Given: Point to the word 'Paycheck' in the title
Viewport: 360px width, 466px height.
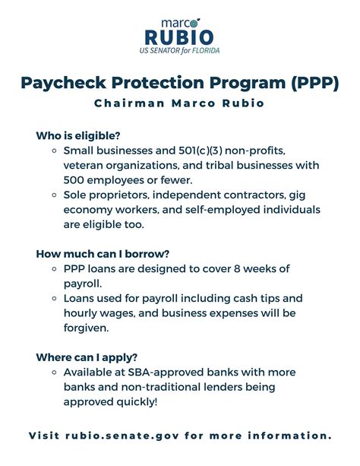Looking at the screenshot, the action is coord(68,81).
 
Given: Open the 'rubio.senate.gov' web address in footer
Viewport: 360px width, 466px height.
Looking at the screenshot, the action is coord(125,436).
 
